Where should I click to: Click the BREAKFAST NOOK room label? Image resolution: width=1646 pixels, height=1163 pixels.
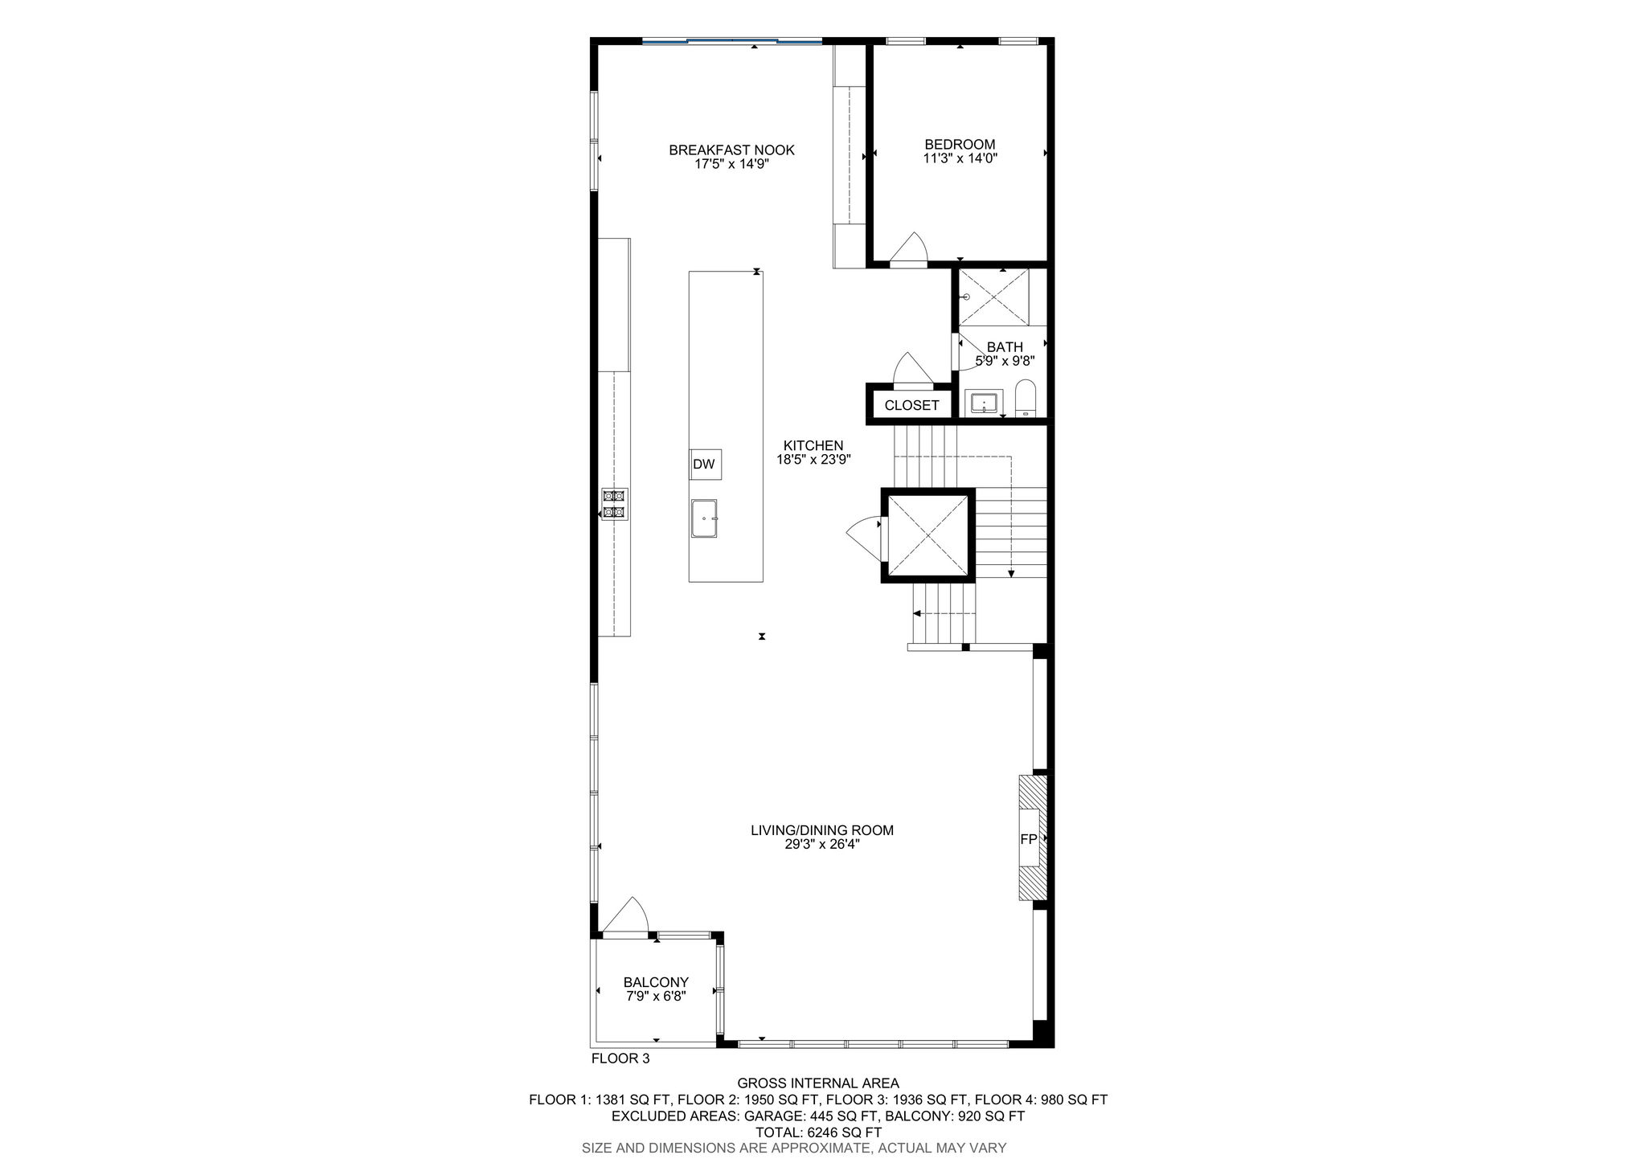pos(731,149)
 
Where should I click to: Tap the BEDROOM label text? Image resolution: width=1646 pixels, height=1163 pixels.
pos(960,145)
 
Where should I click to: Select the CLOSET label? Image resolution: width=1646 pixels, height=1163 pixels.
pos(911,405)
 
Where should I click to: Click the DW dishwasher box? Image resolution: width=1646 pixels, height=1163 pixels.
pos(704,464)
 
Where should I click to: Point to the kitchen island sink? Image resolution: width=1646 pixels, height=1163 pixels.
pos(704,518)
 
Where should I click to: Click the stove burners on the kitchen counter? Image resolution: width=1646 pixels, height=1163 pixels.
pos(614,504)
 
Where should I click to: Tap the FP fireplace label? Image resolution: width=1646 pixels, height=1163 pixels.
pos(1028,839)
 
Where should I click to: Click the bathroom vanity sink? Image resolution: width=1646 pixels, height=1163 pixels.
pos(984,402)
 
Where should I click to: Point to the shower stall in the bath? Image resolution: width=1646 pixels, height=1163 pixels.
pos(994,297)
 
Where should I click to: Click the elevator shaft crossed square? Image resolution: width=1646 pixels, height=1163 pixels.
pos(928,534)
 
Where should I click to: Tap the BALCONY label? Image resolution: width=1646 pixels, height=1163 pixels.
pos(656,982)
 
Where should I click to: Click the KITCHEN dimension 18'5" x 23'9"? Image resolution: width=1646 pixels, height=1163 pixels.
pos(813,460)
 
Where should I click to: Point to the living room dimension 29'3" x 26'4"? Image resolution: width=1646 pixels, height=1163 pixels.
pos(822,845)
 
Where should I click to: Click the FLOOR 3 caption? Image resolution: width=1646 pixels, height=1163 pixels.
pos(620,1059)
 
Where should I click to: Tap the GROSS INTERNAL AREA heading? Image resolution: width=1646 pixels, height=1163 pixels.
pos(818,1083)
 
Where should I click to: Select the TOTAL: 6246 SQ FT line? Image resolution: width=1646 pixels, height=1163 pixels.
pos(818,1132)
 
